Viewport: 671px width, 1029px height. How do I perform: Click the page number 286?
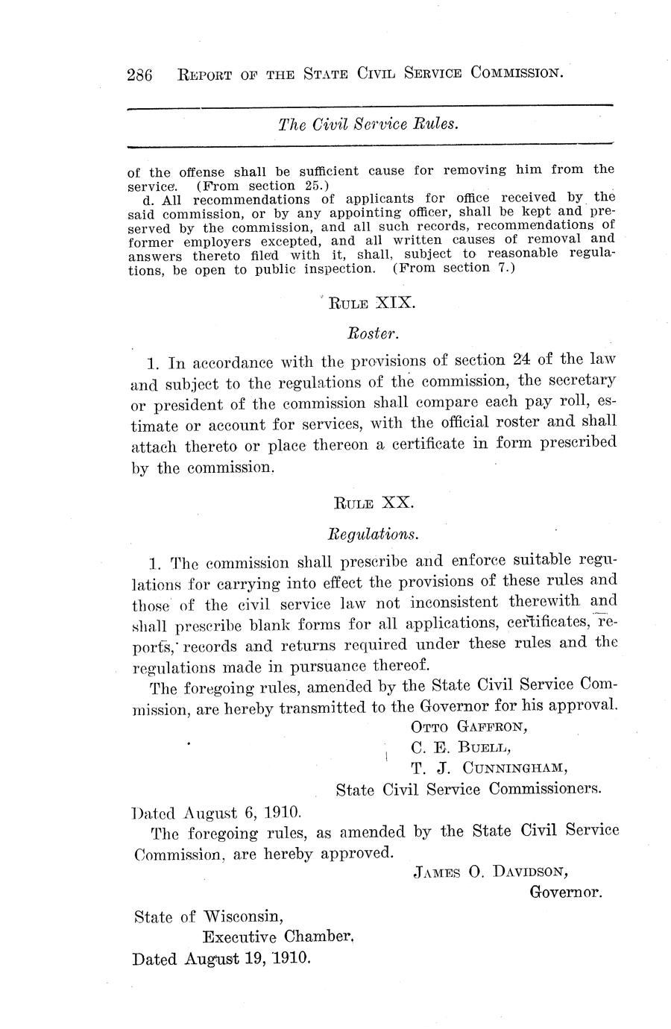click(140, 75)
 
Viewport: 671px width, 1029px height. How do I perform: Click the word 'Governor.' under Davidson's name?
click(565, 891)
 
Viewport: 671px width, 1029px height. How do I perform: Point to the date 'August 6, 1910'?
click(236, 811)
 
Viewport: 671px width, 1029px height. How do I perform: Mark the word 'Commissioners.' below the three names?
click(545, 789)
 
